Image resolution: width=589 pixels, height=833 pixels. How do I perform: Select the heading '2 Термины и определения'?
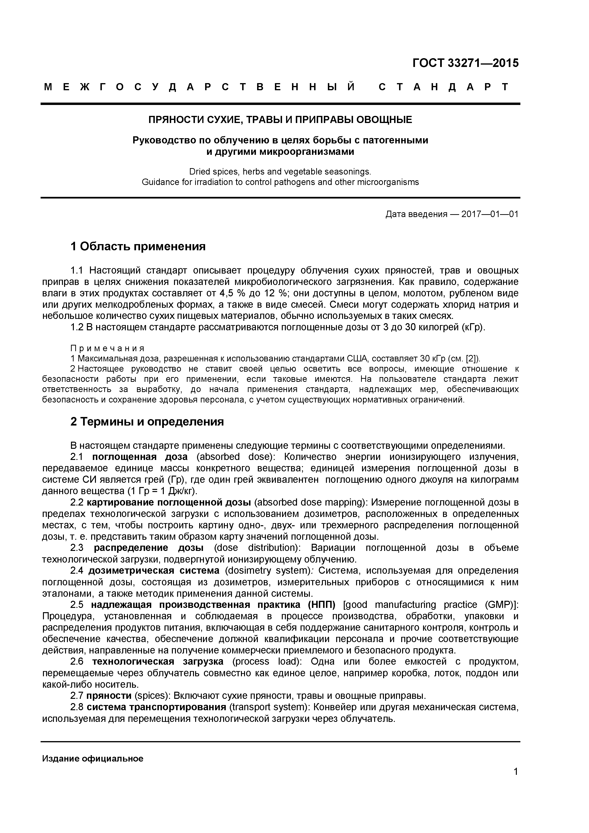[x=147, y=421]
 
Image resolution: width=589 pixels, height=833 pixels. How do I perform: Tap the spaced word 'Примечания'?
[x=107, y=348]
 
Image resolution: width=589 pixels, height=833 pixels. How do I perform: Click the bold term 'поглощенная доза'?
[x=140, y=456]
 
